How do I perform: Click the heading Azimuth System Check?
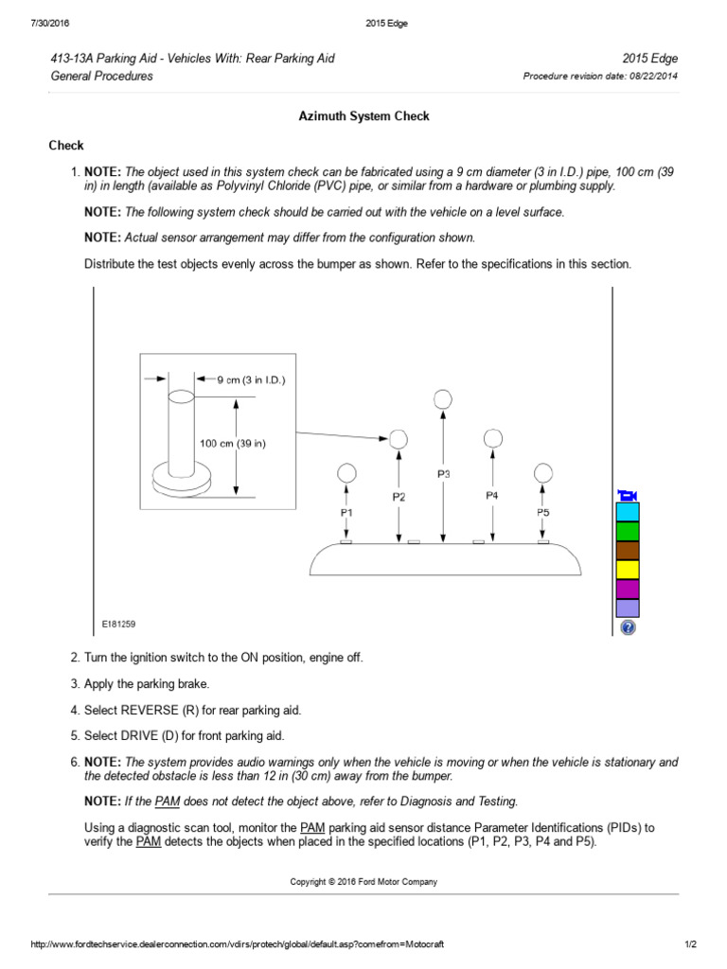click(363, 116)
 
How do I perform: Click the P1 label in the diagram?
click(346, 512)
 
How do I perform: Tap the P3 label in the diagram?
click(444, 473)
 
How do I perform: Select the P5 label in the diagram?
click(542, 512)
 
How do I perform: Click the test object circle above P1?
click(346, 472)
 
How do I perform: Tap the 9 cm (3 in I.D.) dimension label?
click(251, 379)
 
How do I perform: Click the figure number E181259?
click(119, 625)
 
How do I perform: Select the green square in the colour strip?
click(628, 531)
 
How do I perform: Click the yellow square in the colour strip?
click(628, 570)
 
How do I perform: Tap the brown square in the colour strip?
click(628, 550)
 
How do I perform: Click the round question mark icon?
click(628, 627)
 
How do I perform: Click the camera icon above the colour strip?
click(628, 495)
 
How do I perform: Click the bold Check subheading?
click(66, 145)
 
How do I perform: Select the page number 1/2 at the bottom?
click(690, 944)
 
